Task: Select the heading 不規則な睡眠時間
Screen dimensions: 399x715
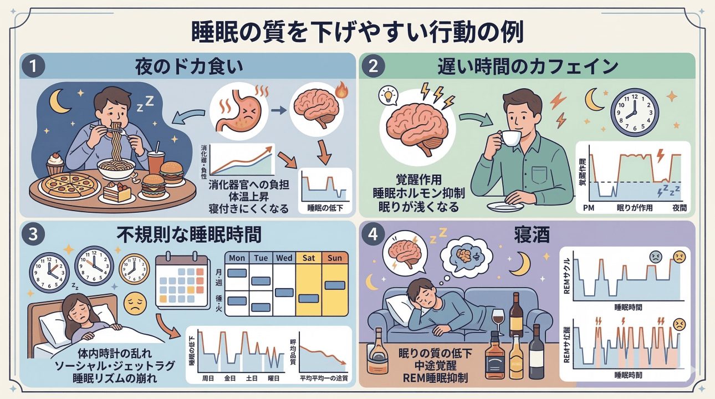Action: point(188,235)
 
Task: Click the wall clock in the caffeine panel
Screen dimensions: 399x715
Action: point(634,112)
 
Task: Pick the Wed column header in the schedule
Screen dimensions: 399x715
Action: point(284,258)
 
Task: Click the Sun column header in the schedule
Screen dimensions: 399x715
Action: point(335,258)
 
